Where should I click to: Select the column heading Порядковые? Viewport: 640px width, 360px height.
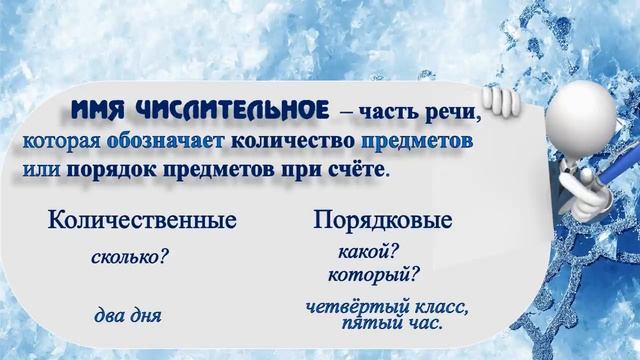coord(383,220)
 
